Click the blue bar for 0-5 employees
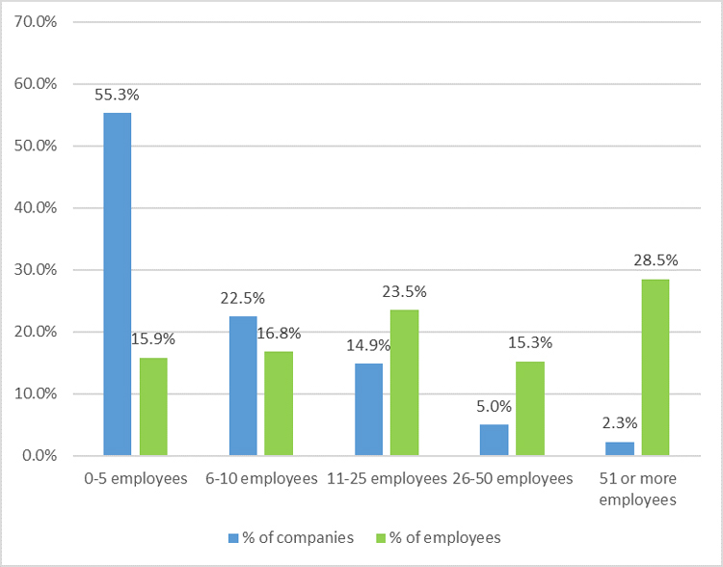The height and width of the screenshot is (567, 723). point(118,283)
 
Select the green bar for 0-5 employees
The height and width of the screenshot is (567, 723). point(153,406)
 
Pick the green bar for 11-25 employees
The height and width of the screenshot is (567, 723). point(404,382)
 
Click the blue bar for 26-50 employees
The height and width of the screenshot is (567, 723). point(494,440)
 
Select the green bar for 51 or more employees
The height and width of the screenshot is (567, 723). point(655,366)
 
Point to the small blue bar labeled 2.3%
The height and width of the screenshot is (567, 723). point(619,448)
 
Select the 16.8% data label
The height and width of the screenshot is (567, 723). point(280,334)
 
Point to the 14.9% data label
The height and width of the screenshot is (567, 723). point(365,345)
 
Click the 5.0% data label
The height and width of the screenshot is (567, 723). point(494,407)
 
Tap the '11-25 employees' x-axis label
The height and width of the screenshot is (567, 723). point(387,478)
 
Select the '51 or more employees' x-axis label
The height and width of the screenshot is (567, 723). point(637,489)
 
